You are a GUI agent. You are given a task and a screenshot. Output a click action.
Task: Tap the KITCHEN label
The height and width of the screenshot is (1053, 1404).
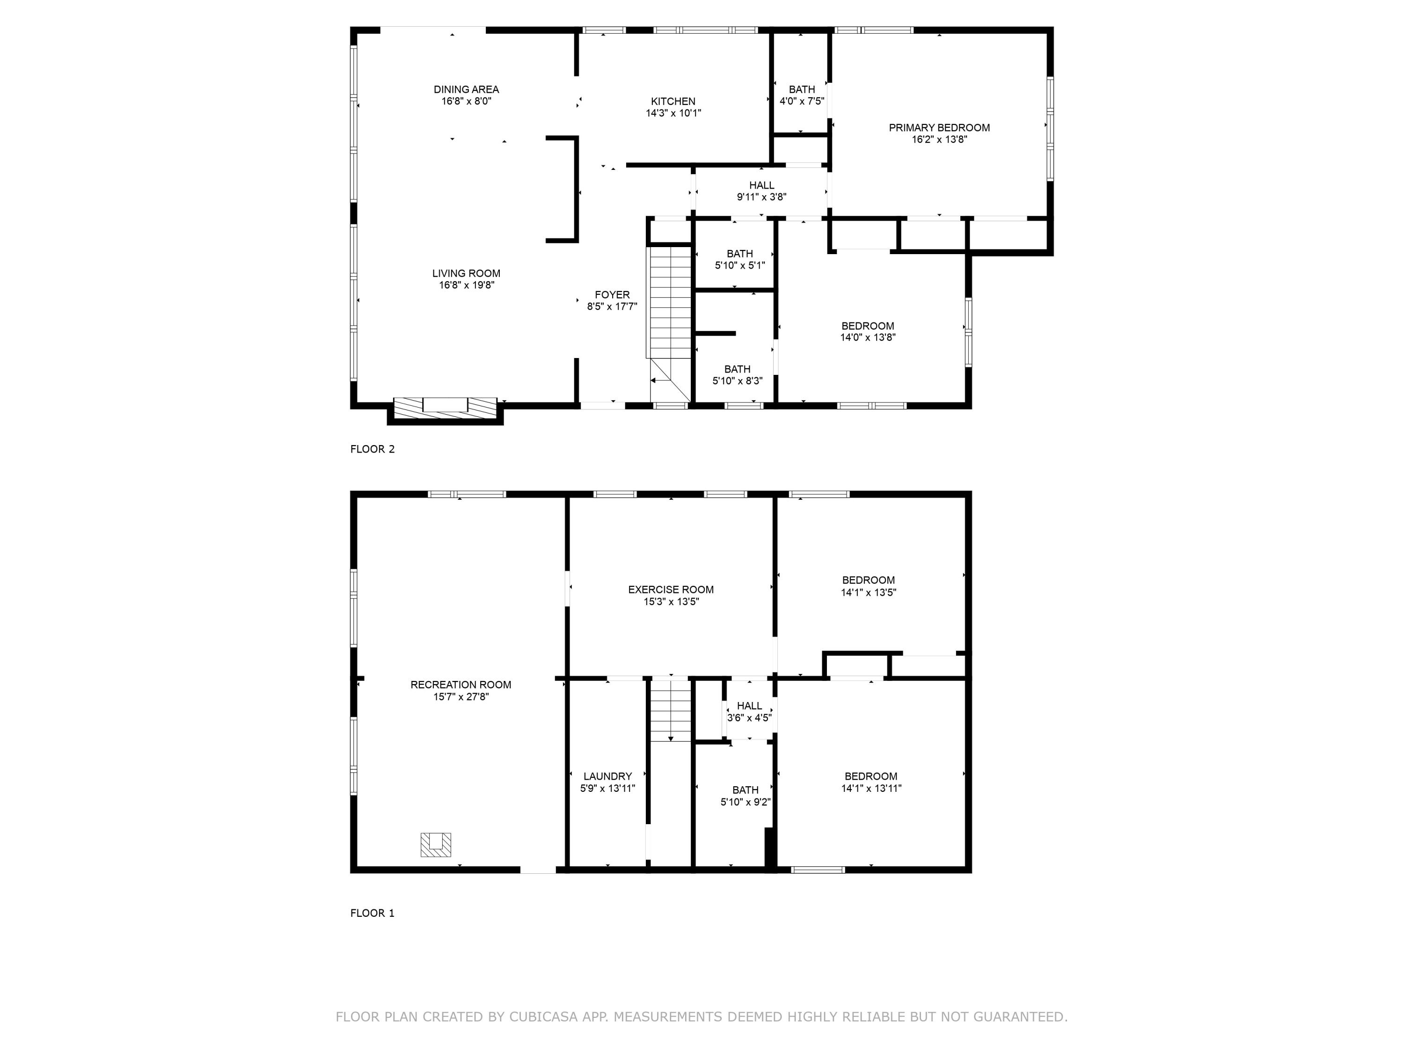[673, 102]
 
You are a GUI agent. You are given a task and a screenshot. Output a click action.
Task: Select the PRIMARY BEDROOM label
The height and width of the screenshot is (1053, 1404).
[939, 128]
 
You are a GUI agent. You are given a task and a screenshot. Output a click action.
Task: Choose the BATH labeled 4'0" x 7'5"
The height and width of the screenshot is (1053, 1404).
[802, 95]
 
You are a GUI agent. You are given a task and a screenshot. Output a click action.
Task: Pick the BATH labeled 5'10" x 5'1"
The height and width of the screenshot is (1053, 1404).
[739, 260]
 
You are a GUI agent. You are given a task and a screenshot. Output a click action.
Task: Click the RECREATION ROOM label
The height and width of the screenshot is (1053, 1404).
[461, 685]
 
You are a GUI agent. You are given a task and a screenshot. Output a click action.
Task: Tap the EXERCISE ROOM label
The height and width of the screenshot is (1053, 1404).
[671, 590]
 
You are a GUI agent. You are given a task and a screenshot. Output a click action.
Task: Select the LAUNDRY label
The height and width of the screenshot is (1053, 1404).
[607, 776]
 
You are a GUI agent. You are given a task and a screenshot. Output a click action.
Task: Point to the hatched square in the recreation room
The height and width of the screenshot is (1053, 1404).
[435, 845]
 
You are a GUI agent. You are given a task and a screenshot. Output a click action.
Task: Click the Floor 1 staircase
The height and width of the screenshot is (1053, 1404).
[670, 709]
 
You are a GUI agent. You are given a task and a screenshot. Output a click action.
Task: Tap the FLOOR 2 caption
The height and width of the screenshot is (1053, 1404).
[372, 449]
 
